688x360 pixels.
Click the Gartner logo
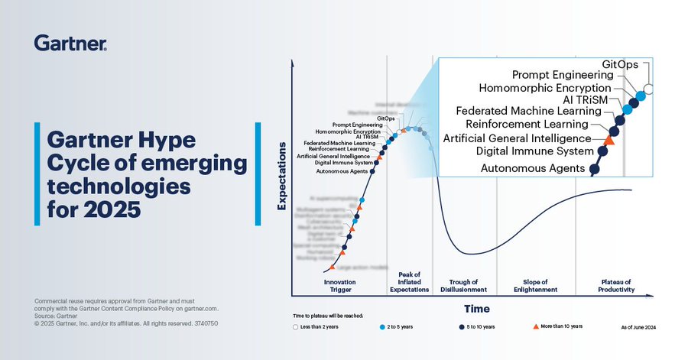[70, 43]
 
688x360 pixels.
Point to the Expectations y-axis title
[281, 175]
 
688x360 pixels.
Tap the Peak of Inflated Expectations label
[410, 281]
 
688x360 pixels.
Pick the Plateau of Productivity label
[615, 285]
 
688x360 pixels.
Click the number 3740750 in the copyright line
[204, 323]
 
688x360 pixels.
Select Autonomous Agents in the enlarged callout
[533, 167]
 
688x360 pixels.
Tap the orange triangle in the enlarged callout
[609, 139]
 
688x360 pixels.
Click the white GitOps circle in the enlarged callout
[649, 89]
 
